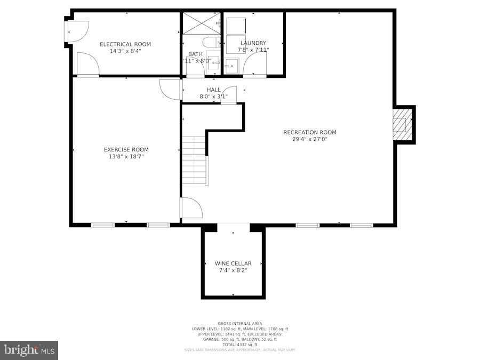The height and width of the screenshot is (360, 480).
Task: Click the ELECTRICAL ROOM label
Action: (125, 44)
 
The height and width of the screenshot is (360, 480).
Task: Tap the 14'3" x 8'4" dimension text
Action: (125, 51)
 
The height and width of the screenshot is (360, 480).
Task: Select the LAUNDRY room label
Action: (253, 43)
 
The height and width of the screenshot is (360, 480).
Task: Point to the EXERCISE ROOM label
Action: (126, 150)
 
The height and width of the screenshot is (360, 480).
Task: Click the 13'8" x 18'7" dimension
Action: (126, 157)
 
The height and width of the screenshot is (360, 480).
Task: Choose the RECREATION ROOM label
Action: (310, 132)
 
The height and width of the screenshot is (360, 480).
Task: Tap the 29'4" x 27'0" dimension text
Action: (310, 139)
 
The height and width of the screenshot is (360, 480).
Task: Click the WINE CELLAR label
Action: (233, 263)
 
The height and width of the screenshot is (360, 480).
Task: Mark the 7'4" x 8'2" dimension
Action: (233, 270)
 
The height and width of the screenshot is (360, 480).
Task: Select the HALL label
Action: (213, 90)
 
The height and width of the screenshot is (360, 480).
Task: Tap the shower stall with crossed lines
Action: (201, 23)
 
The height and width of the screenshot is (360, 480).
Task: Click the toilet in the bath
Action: (209, 43)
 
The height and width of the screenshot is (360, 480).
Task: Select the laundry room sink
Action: (231, 66)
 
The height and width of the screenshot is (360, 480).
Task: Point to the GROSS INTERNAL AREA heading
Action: (240, 323)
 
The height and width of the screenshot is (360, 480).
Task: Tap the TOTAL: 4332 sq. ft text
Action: (240, 345)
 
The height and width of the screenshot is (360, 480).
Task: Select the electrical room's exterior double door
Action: (73, 32)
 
